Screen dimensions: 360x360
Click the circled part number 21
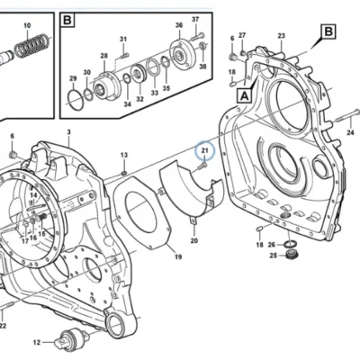(204, 150)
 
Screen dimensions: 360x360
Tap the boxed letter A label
(245, 96)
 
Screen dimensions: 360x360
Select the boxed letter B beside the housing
(328, 31)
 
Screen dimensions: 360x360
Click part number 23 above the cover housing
(281, 36)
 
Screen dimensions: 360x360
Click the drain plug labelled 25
(290, 256)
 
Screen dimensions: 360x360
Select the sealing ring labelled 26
(291, 244)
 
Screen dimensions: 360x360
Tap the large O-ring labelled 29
(74, 97)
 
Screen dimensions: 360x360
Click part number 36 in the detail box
(179, 25)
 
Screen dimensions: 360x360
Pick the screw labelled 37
(196, 36)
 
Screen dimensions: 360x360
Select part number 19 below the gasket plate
(178, 256)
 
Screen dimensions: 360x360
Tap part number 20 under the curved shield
(194, 240)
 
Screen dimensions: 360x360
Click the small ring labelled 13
(124, 173)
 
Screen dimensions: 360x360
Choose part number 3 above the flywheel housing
(68, 132)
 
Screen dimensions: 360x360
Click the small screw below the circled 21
(202, 166)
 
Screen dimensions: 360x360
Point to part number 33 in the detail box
(154, 93)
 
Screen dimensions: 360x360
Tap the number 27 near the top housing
(242, 35)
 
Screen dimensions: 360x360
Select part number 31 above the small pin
(123, 39)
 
